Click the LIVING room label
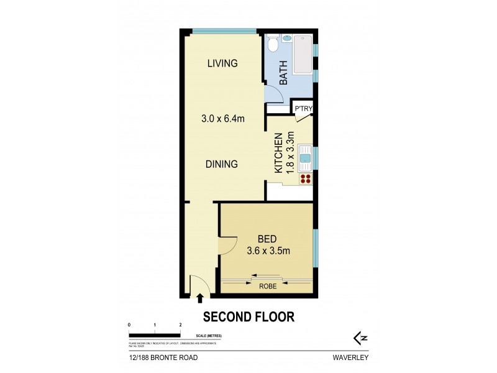coord(222,63)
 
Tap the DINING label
coord(222,165)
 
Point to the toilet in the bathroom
coord(271,45)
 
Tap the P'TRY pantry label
coord(303,110)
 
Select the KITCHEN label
coord(279,152)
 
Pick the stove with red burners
coord(305,179)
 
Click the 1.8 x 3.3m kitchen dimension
coord(290,152)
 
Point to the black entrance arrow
coord(200,300)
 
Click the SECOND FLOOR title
coord(248,317)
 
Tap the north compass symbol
coord(359,338)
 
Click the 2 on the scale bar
coord(180,325)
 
